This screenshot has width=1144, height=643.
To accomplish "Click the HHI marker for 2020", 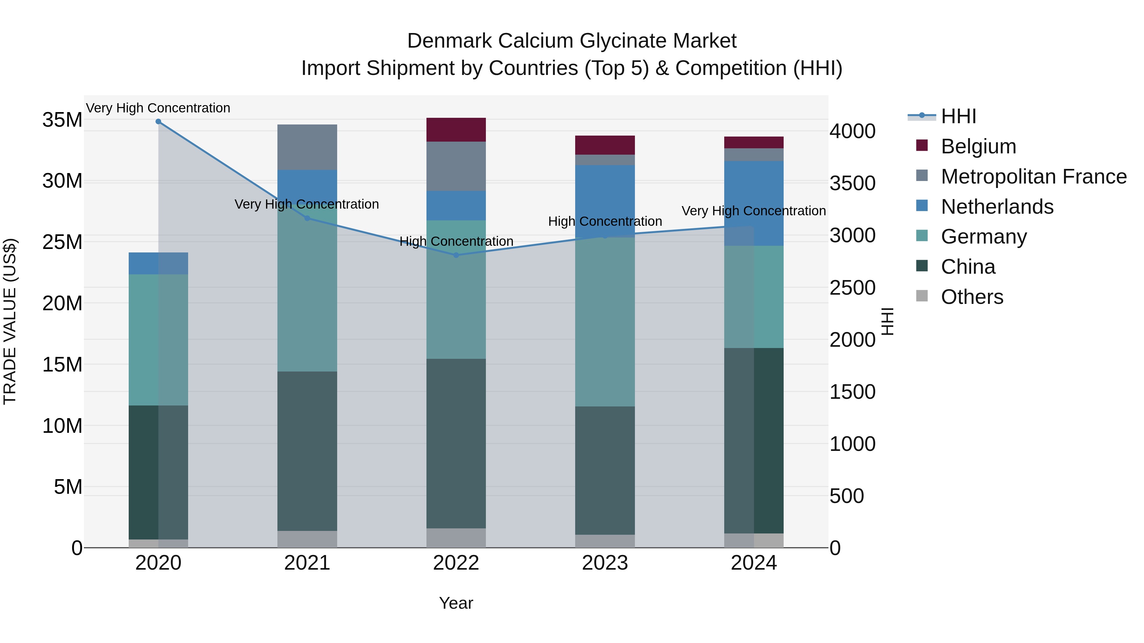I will [x=158, y=122].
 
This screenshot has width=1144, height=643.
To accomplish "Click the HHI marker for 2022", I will [x=456, y=255].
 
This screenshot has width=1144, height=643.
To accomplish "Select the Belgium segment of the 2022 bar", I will [x=456, y=130].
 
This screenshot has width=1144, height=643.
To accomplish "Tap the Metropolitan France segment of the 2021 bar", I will [x=307, y=147].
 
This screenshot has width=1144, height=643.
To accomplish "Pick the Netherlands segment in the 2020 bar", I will [x=158, y=263].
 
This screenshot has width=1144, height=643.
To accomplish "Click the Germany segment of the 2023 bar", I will [x=605, y=322].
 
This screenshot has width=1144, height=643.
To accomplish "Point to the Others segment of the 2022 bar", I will [x=456, y=538].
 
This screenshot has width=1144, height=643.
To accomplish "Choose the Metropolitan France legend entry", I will [x=1033, y=177].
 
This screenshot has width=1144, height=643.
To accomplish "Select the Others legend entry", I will [x=972, y=297].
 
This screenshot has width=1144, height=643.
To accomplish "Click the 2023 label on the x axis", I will [x=605, y=563].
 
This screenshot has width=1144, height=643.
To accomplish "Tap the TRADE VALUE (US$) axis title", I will [x=10, y=321].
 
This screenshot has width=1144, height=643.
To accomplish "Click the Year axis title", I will [x=456, y=603].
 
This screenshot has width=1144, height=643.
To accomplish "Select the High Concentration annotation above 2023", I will [x=605, y=221].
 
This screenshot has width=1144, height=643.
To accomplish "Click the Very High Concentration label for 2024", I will [x=754, y=211].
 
